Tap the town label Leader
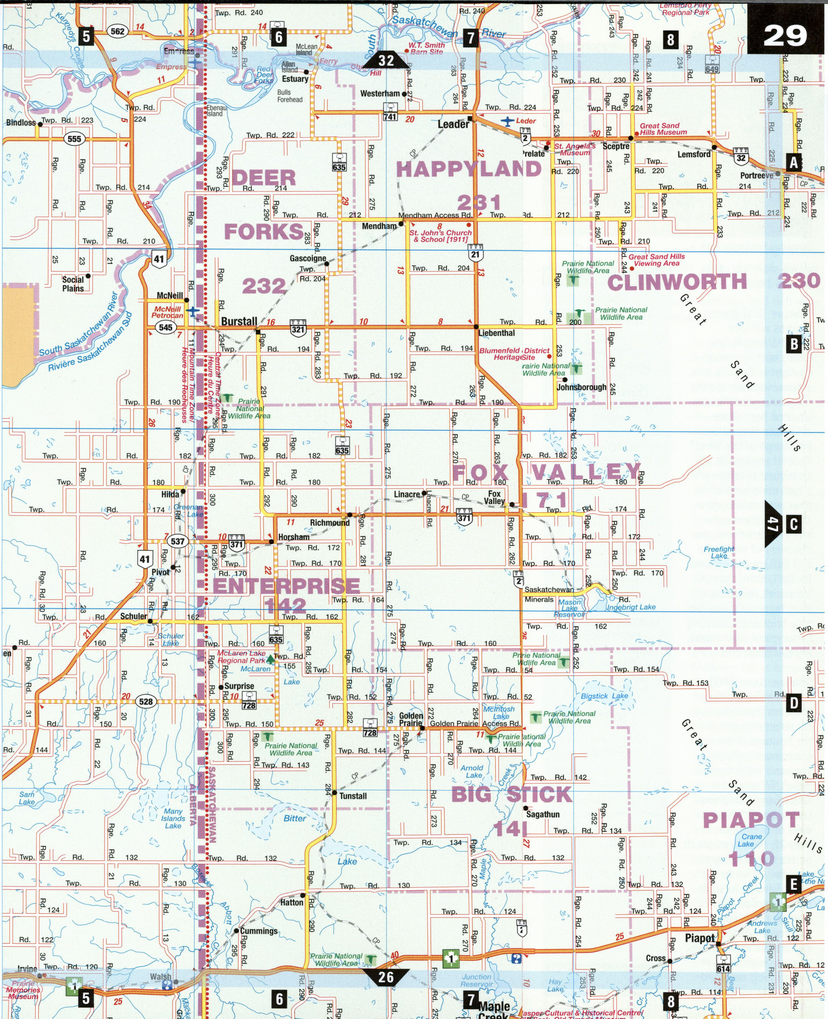453,124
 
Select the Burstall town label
239,321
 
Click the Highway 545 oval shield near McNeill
166,327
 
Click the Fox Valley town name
494,497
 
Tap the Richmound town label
329,522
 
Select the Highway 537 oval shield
178,541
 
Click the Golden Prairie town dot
423,728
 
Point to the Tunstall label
353,796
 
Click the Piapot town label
699,938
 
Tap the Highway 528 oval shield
145,701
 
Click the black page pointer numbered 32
386,61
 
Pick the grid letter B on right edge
794,344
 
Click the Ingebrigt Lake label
631,607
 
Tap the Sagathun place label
543,814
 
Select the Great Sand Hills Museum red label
663,129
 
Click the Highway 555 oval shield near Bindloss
75,139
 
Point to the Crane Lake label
751,840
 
